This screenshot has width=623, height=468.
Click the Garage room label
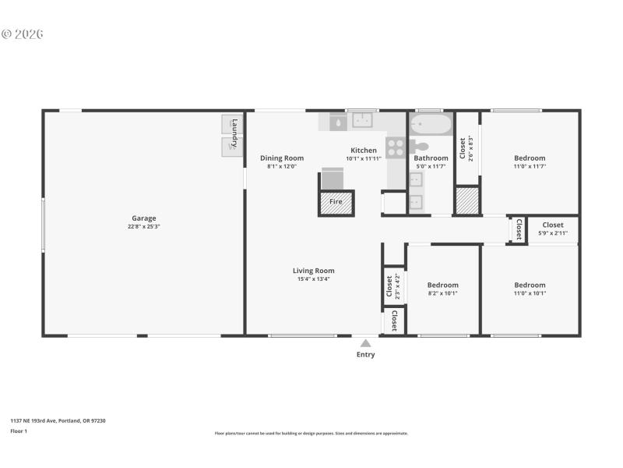(143, 218)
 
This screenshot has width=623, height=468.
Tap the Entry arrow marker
(365, 342)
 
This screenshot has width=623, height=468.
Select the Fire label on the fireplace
(336, 202)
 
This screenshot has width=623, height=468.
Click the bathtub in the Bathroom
(431, 124)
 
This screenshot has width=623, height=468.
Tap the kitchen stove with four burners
(396, 147)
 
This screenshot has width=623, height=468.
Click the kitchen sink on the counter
(363, 120)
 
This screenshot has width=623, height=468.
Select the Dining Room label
(282, 158)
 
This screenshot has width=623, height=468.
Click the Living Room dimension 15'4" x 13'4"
(315, 279)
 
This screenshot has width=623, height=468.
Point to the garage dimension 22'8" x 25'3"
(143, 227)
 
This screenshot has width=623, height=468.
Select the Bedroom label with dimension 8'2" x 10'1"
(442, 285)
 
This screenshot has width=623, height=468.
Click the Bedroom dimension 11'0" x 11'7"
(530, 166)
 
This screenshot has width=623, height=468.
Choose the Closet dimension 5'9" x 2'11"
(553, 233)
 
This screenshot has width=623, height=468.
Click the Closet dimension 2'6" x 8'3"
(471, 148)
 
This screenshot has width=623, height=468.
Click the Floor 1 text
(18, 431)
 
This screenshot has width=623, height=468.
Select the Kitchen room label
(364, 150)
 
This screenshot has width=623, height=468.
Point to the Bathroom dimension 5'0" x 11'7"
(431, 166)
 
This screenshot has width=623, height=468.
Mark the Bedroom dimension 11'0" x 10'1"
(530, 293)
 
